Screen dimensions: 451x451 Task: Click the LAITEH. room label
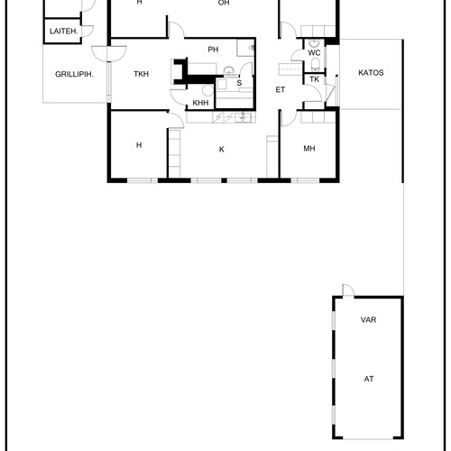tap(64, 31)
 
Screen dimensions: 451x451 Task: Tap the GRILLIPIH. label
tap(74, 74)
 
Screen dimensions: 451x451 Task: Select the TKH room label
tap(141, 74)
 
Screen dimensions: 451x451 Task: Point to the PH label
tap(213, 50)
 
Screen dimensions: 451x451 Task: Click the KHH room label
tap(200, 103)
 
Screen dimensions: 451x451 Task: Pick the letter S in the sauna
tap(239, 83)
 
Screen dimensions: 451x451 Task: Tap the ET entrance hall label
tap(281, 89)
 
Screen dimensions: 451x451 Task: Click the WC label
tap(314, 53)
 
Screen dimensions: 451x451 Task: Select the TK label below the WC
tap(315, 79)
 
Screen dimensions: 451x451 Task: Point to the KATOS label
tap(371, 73)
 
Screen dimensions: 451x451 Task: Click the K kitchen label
tap(222, 150)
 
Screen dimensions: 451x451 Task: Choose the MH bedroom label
tap(309, 149)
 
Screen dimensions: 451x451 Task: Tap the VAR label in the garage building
tap(368, 319)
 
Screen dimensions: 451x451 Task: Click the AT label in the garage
tap(369, 379)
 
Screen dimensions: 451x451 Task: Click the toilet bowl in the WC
tap(315, 64)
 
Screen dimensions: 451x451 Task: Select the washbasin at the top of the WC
tap(314, 43)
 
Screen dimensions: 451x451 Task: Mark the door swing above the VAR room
tap(348, 290)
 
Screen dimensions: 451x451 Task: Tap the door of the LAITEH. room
tap(87, 32)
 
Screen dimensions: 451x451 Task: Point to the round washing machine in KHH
tap(207, 90)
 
